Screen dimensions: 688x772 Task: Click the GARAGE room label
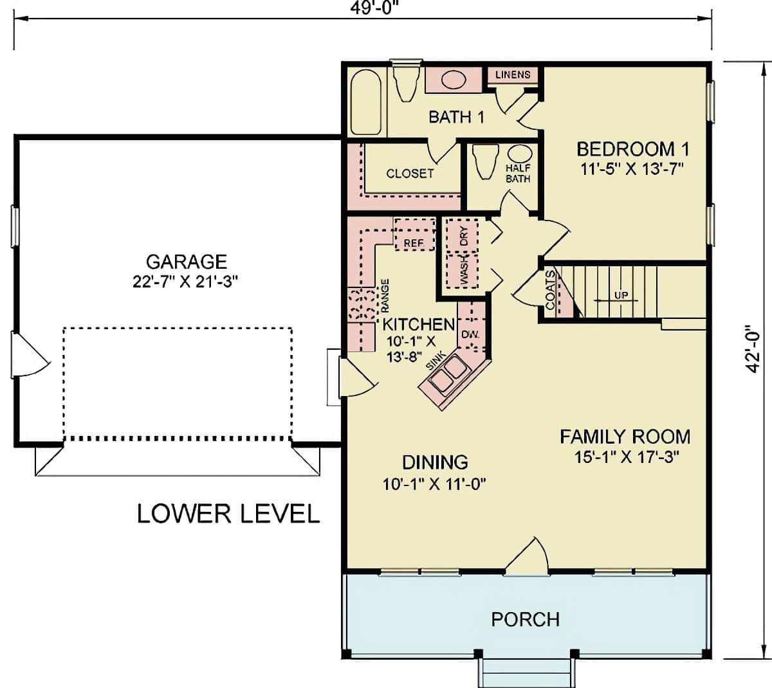(187, 262)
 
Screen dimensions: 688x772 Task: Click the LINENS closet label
(513, 74)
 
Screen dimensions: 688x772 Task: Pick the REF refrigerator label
(414, 243)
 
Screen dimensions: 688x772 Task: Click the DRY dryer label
(464, 239)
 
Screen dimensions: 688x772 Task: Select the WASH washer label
(464, 269)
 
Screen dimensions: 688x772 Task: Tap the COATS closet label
(550, 291)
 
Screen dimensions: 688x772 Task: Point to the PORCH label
(525, 619)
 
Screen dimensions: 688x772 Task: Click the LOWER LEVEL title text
(228, 514)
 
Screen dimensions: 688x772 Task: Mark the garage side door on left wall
(29, 356)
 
